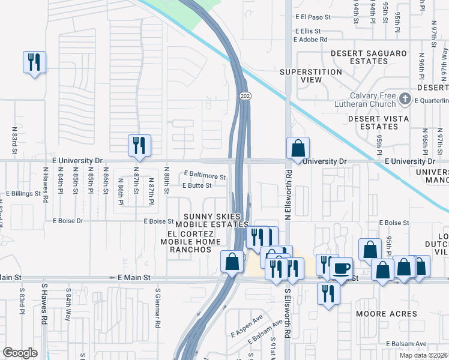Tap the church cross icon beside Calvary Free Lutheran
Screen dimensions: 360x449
pyautogui.click(x=405, y=98)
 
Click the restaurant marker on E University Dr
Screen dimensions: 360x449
pyautogui.click(x=139, y=145)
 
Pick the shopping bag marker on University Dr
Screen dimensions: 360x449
pyautogui.click(x=298, y=148)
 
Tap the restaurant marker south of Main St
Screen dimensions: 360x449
pyautogui.click(x=328, y=293)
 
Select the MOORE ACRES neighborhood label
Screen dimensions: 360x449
pyautogui.click(x=386, y=314)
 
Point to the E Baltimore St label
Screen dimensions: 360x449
pyautogui.click(x=205, y=177)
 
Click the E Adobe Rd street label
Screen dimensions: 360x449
pyautogui.click(x=310, y=40)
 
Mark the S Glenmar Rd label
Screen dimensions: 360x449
pyautogui.click(x=158, y=308)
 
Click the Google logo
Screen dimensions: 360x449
pyautogui.click(x=20, y=352)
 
